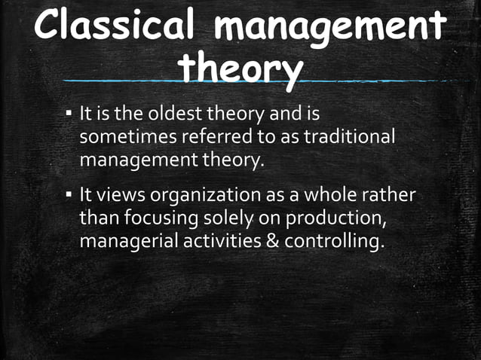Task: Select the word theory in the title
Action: tap(240, 69)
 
